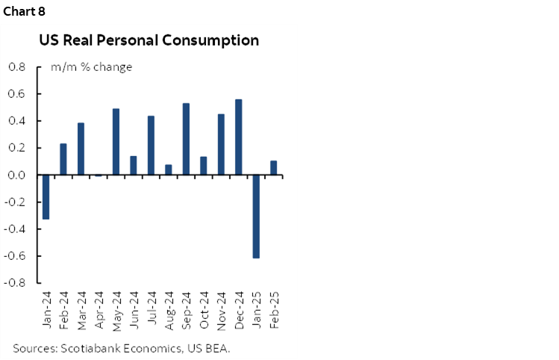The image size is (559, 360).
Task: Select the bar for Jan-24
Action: [x=46, y=196]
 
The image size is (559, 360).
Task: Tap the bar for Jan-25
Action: [x=256, y=216]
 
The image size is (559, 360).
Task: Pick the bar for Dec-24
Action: [x=238, y=137]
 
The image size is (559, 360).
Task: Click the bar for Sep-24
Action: [x=186, y=139]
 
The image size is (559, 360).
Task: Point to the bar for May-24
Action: [x=116, y=142]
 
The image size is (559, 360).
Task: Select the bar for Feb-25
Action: [x=273, y=168]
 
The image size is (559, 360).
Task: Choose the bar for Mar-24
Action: [x=81, y=149]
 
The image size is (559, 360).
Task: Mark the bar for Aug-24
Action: [x=169, y=170]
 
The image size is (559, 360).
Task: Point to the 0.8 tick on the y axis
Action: [x=16, y=67]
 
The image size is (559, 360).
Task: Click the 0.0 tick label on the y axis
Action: [x=16, y=175]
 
